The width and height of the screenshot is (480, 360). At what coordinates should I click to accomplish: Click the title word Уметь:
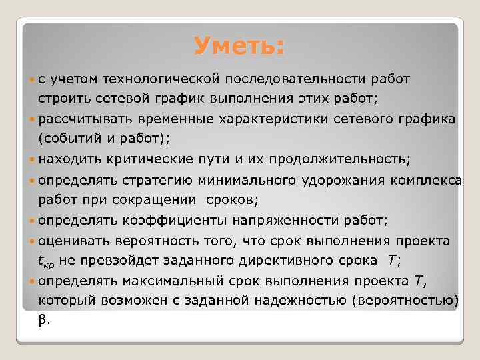(239, 47)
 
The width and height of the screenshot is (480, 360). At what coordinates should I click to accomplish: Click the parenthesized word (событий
(65, 139)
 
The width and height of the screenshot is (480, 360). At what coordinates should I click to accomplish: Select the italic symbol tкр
(49, 261)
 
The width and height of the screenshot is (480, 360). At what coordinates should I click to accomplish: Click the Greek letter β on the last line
(42, 319)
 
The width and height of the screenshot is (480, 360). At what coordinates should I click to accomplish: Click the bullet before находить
(33, 159)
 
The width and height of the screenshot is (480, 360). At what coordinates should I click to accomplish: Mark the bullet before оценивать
(33, 240)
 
